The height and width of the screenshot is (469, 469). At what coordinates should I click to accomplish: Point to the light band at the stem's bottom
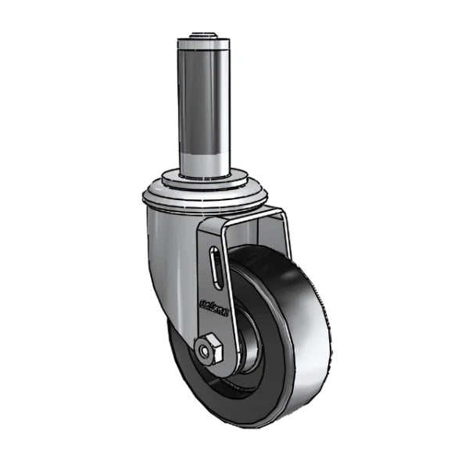[208, 160]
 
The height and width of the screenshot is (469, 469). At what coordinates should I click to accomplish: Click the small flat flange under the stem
[208, 178]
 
